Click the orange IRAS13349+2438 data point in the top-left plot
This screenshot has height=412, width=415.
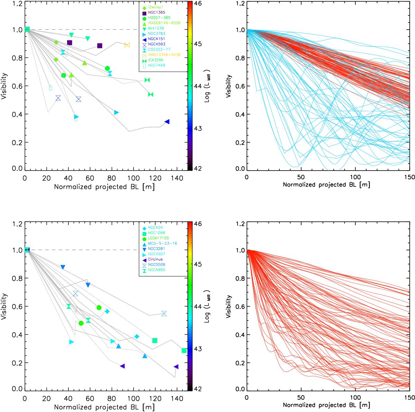(x=127, y=45)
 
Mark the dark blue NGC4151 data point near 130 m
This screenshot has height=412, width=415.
(x=167, y=122)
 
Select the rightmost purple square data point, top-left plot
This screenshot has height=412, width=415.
(x=100, y=46)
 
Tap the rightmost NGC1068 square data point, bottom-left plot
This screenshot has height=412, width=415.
(x=184, y=351)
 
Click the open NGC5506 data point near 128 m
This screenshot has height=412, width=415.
(x=164, y=314)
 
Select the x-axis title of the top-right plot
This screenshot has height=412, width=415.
(x=326, y=185)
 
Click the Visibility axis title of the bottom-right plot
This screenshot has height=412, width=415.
(x=228, y=306)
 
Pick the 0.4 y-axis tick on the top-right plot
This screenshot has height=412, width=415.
(x=239, y=114)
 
